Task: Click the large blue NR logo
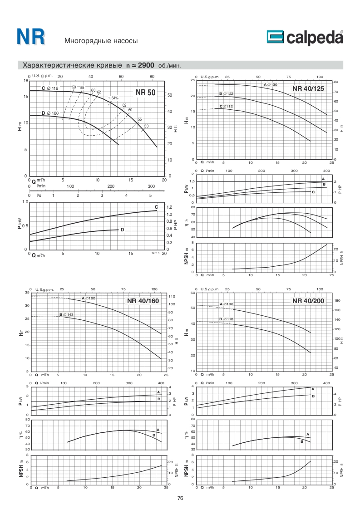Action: [31, 38]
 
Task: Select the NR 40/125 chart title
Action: [308, 88]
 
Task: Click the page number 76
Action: [180, 498]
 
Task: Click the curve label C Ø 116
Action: [50, 88]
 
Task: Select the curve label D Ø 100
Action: [50, 113]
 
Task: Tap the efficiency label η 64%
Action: [113, 98]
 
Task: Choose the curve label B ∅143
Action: [66, 314]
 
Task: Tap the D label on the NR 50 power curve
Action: [122, 230]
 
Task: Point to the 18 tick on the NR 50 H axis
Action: [25, 81]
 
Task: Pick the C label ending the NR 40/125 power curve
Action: [313, 192]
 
